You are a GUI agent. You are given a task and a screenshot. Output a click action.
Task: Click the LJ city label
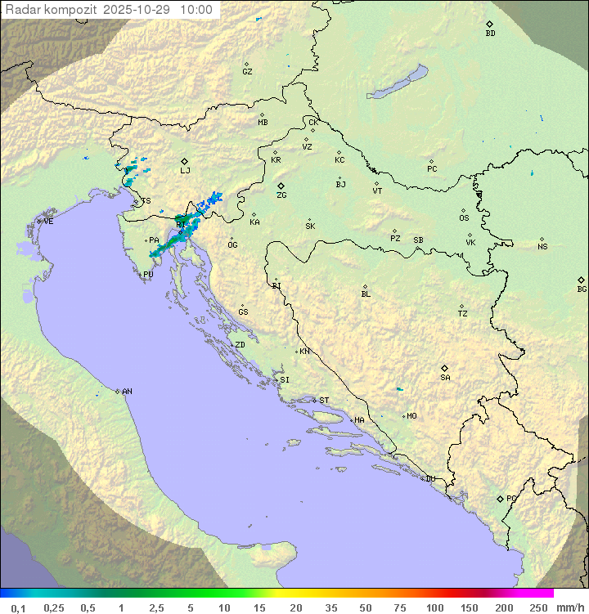pos(186,171)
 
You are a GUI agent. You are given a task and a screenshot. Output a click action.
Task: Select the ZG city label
pos(281,195)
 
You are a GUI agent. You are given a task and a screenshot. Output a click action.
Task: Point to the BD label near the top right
pos(490,34)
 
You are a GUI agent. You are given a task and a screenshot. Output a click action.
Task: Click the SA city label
pos(445,378)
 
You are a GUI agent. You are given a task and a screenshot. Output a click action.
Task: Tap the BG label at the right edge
pos(582,289)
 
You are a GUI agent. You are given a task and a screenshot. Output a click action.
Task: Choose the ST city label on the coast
pos(324,401)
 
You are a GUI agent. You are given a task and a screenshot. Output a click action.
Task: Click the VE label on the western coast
pos(48,222)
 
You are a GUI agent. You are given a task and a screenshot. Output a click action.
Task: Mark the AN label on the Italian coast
pos(127,392)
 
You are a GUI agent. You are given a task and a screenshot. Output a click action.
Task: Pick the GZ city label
pos(247,72)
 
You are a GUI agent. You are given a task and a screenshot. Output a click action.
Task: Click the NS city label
pos(542,247)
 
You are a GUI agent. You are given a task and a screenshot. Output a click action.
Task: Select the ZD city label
pos(240,345)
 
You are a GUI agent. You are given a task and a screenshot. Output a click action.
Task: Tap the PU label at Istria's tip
pos(148,275)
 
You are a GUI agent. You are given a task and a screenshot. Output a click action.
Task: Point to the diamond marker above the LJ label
pos(185,161)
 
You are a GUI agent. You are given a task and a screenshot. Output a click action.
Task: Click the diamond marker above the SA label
pos(445,368)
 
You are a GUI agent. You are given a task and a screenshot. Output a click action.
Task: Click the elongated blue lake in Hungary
pos(398,82)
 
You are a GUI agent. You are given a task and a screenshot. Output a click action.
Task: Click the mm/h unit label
pos(569,607)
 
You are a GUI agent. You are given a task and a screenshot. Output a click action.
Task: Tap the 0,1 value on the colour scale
pos(18,607)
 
